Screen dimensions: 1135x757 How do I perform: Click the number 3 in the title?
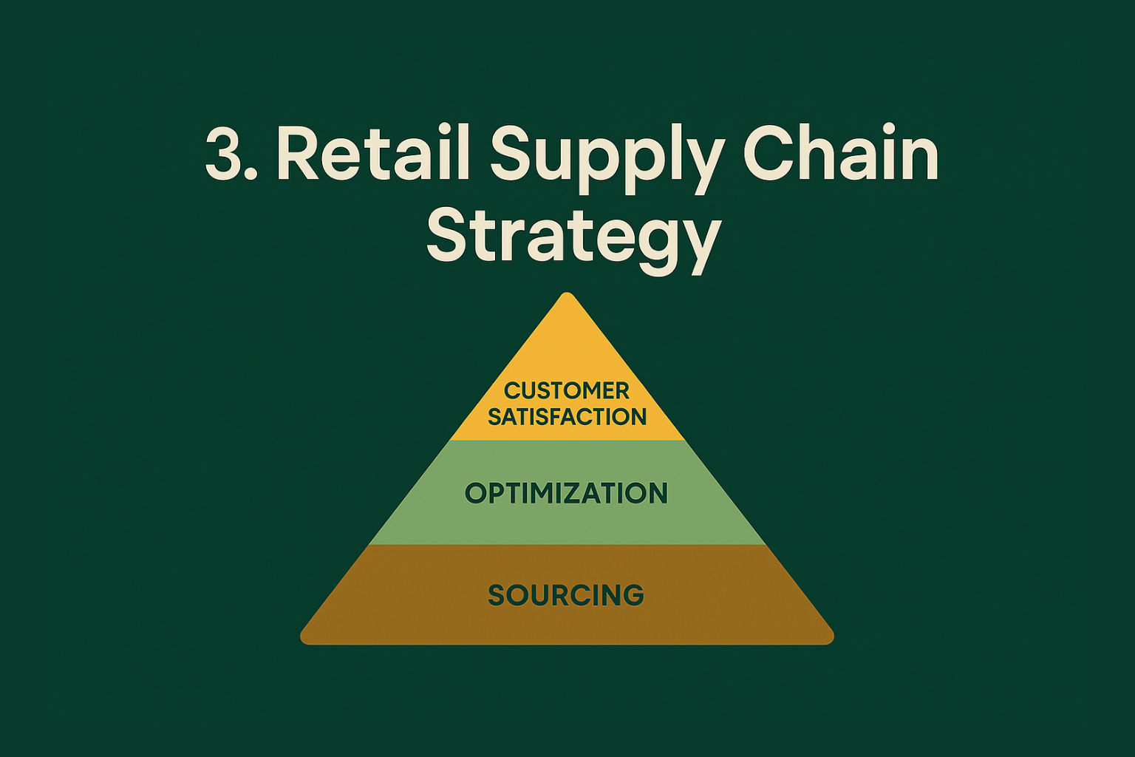(223, 154)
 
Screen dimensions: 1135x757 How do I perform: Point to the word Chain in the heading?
(841, 154)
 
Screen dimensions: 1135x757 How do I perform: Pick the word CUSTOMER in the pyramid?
(567, 390)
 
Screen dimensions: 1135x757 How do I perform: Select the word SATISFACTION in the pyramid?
(567, 417)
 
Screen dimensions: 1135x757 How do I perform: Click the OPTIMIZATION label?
(567, 493)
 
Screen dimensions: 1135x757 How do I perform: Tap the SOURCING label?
(567, 595)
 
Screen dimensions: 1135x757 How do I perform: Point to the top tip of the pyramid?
(567, 295)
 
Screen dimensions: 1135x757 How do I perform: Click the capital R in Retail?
(299, 154)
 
